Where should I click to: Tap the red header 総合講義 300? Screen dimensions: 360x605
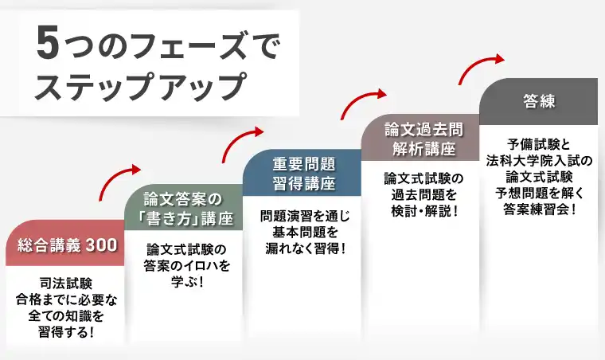(66, 245)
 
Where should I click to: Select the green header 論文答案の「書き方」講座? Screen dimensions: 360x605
(184, 207)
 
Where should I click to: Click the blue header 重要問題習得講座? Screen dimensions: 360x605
(302, 173)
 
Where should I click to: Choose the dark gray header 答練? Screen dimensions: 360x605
(539, 101)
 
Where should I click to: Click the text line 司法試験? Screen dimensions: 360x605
(66, 284)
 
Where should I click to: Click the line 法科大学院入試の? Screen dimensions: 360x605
(539, 161)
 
